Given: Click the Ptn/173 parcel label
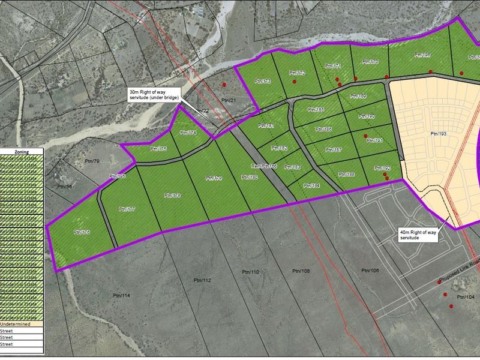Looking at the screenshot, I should [x=263, y=81].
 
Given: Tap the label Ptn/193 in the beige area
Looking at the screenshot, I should [x=440, y=133].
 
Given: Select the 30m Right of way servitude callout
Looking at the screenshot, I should [x=154, y=94].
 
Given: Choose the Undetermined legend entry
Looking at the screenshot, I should [x=23, y=323].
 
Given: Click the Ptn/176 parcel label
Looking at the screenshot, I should [x=82, y=232].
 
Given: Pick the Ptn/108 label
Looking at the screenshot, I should [x=301, y=271].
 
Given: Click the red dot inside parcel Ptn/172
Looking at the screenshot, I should [x=294, y=81].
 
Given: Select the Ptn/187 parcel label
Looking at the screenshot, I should [x=334, y=149].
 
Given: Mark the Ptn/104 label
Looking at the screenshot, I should [x=465, y=298].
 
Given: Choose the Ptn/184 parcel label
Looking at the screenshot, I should [x=311, y=186].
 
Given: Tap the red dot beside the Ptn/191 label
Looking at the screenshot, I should [x=365, y=136].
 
